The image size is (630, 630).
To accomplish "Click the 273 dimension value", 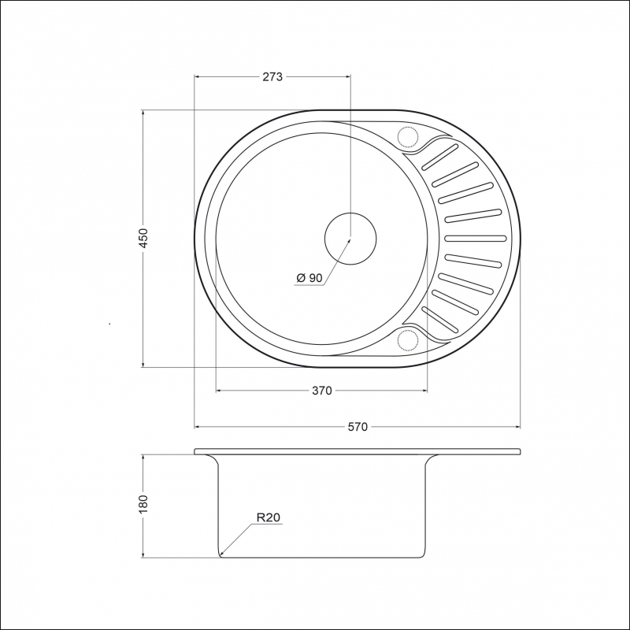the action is point(272,76).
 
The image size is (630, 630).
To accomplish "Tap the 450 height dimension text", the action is point(143,238).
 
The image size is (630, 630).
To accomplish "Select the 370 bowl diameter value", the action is point(322,390).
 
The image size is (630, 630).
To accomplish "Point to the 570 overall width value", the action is point(358,427).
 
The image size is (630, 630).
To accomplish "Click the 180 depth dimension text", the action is point(143,504).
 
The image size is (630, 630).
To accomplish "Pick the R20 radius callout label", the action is point(268,517).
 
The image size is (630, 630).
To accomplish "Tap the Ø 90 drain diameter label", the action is point(309,278).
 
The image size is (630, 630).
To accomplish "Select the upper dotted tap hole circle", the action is point(408,136).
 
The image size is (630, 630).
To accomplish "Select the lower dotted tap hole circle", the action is point(408,340).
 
